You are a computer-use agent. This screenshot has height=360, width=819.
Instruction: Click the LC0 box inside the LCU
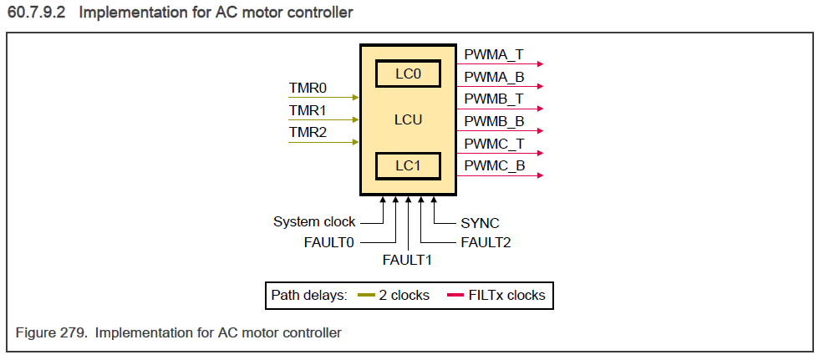coord(408,74)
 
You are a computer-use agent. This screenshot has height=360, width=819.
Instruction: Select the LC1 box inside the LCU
coord(408,166)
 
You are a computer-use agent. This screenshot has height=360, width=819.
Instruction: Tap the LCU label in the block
coord(408,120)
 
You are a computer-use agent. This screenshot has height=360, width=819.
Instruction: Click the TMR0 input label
coord(308,88)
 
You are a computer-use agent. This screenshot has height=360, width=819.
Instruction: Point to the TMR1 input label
coord(308,110)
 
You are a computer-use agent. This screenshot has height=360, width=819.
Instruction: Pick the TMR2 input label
coord(308,132)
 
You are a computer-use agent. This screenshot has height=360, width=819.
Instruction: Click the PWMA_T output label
coord(494,54)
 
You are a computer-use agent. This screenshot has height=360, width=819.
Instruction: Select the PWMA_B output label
coord(494,77)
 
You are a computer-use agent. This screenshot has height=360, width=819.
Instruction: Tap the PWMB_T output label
coord(494,99)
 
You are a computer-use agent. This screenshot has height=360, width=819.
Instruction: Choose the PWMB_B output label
coord(494,121)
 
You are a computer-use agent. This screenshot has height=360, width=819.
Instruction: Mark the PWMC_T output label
coord(494,144)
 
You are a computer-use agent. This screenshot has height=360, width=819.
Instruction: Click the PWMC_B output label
coord(494,165)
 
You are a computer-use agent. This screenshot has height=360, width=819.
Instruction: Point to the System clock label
coord(314,222)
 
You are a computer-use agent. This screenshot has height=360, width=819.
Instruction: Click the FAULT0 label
coord(329,243)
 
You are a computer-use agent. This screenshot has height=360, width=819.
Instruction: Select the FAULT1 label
coord(407,260)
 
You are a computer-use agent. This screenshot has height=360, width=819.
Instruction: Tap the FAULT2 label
coord(486,243)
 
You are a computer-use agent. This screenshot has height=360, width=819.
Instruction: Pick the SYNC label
coord(480,223)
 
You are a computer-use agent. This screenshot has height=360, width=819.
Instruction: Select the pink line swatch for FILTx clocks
coord(455,296)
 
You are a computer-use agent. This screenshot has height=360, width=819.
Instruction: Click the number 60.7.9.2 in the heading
coord(38,13)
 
